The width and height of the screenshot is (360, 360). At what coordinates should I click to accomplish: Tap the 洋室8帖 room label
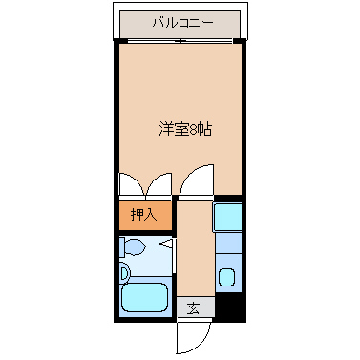[x=184, y=130]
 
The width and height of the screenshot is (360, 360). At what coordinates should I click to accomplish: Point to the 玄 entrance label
[x=194, y=307]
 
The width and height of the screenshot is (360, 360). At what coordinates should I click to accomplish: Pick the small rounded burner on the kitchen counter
[x=227, y=279]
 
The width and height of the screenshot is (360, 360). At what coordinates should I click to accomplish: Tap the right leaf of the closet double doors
[x=159, y=185]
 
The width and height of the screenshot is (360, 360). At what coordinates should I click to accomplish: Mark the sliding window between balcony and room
[x=179, y=41]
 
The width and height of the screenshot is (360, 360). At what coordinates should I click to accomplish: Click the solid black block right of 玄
[x=229, y=308]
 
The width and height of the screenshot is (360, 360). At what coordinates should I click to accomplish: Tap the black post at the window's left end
[x=117, y=41]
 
